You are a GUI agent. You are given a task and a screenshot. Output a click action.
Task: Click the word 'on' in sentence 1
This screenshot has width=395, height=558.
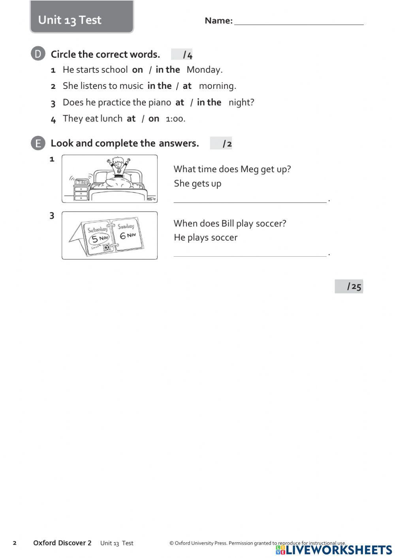click(137, 70)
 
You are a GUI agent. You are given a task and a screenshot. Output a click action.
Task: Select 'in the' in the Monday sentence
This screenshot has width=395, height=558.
click(167, 70)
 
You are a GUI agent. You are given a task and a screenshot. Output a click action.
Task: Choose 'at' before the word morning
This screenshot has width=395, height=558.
click(187, 86)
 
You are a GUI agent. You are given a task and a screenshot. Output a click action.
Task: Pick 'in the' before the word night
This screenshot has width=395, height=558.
click(209, 103)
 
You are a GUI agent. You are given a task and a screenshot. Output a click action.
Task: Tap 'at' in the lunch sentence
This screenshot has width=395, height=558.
click(131, 119)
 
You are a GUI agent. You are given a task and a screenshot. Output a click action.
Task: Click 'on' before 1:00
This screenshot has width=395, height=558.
click(154, 119)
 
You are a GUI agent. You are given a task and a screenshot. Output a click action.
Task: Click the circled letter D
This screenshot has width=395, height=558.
click(38, 54)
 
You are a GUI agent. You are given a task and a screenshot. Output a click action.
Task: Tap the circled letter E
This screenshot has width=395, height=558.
click(38, 143)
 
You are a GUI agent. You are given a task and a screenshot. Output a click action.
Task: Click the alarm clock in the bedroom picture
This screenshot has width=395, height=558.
click(81, 182)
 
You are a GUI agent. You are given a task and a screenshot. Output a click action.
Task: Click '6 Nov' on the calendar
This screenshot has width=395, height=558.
click(128, 235)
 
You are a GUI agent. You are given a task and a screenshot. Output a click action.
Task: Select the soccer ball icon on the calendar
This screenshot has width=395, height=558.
click(107, 248)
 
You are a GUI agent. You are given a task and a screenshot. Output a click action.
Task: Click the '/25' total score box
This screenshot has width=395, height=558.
click(349, 286)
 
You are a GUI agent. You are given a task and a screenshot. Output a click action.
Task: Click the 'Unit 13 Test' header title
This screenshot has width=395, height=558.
click(70, 20)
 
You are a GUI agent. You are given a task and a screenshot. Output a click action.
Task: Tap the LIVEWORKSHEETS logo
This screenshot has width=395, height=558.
click(334, 550)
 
